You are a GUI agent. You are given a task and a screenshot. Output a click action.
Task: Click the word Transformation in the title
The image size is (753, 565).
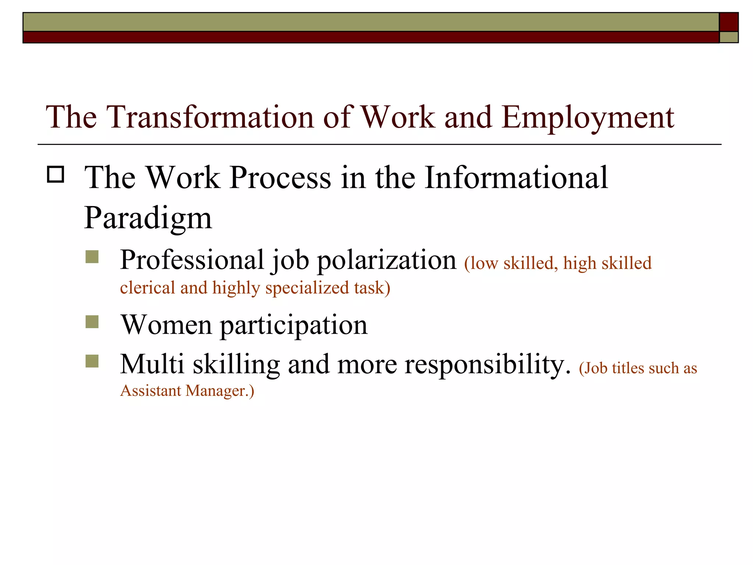pos(210,117)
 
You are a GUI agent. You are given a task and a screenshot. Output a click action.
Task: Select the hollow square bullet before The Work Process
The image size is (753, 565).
pos(56,174)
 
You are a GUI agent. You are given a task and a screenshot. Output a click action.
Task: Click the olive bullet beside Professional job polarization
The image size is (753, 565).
pos(92,257)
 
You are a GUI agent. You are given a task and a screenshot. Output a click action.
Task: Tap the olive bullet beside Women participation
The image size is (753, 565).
pos(92,322)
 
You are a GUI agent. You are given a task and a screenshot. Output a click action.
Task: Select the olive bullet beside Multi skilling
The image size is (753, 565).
pos(92,361)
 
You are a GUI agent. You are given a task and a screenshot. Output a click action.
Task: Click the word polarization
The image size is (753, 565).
pos(386,260)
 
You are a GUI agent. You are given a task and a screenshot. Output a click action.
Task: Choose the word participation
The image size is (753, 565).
pos(294,326)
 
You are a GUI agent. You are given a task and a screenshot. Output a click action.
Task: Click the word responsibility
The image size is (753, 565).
pos(488,365)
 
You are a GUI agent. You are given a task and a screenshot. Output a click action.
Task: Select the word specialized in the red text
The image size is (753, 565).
pos(307,288)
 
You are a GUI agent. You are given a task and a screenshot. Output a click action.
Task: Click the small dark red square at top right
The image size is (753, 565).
pos(729,22)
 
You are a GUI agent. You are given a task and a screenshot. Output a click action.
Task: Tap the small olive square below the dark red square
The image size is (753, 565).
pos(729,37)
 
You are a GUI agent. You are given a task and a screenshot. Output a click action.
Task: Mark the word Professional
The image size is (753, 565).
pos(192,260)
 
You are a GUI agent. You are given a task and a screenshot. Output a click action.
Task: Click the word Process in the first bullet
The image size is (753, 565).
pos(281,178)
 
